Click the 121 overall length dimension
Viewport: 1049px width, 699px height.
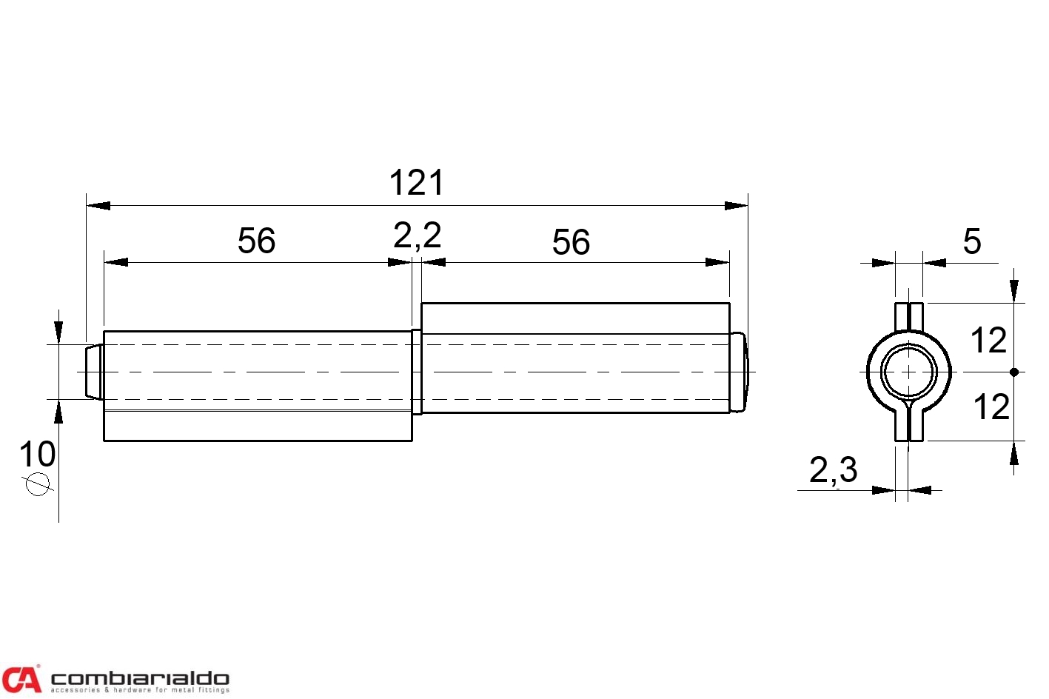point(416,183)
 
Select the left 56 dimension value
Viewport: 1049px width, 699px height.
point(256,241)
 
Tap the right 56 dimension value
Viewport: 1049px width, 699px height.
point(571,242)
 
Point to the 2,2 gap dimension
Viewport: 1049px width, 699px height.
point(418,235)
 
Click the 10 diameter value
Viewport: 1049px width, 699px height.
point(37,454)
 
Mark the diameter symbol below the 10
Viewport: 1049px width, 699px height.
point(38,484)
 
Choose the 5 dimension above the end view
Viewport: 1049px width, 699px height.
point(972,241)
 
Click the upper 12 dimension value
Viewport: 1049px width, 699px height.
point(988,341)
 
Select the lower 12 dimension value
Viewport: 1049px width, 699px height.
point(991,407)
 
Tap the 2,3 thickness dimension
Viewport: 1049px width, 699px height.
point(833,470)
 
